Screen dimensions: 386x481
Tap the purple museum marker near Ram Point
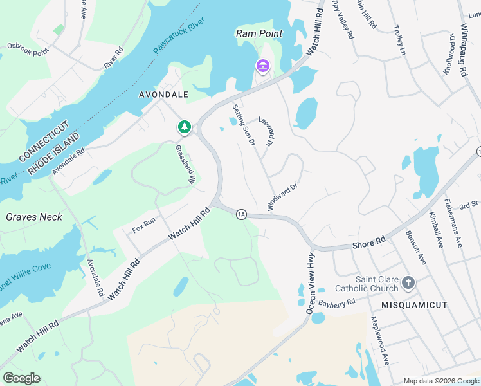[x=262, y=66]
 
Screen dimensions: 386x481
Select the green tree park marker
[x=185, y=127]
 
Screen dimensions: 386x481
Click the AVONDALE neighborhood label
[x=164, y=95]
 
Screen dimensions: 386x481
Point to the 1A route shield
[x=241, y=214]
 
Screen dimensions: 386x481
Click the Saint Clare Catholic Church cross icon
[x=408, y=282]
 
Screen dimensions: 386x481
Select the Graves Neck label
[x=34, y=217]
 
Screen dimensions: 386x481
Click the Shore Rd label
[x=369, y=242]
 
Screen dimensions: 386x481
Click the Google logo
[x=21, y=378]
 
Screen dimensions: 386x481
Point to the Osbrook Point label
[x=28, y=46]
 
